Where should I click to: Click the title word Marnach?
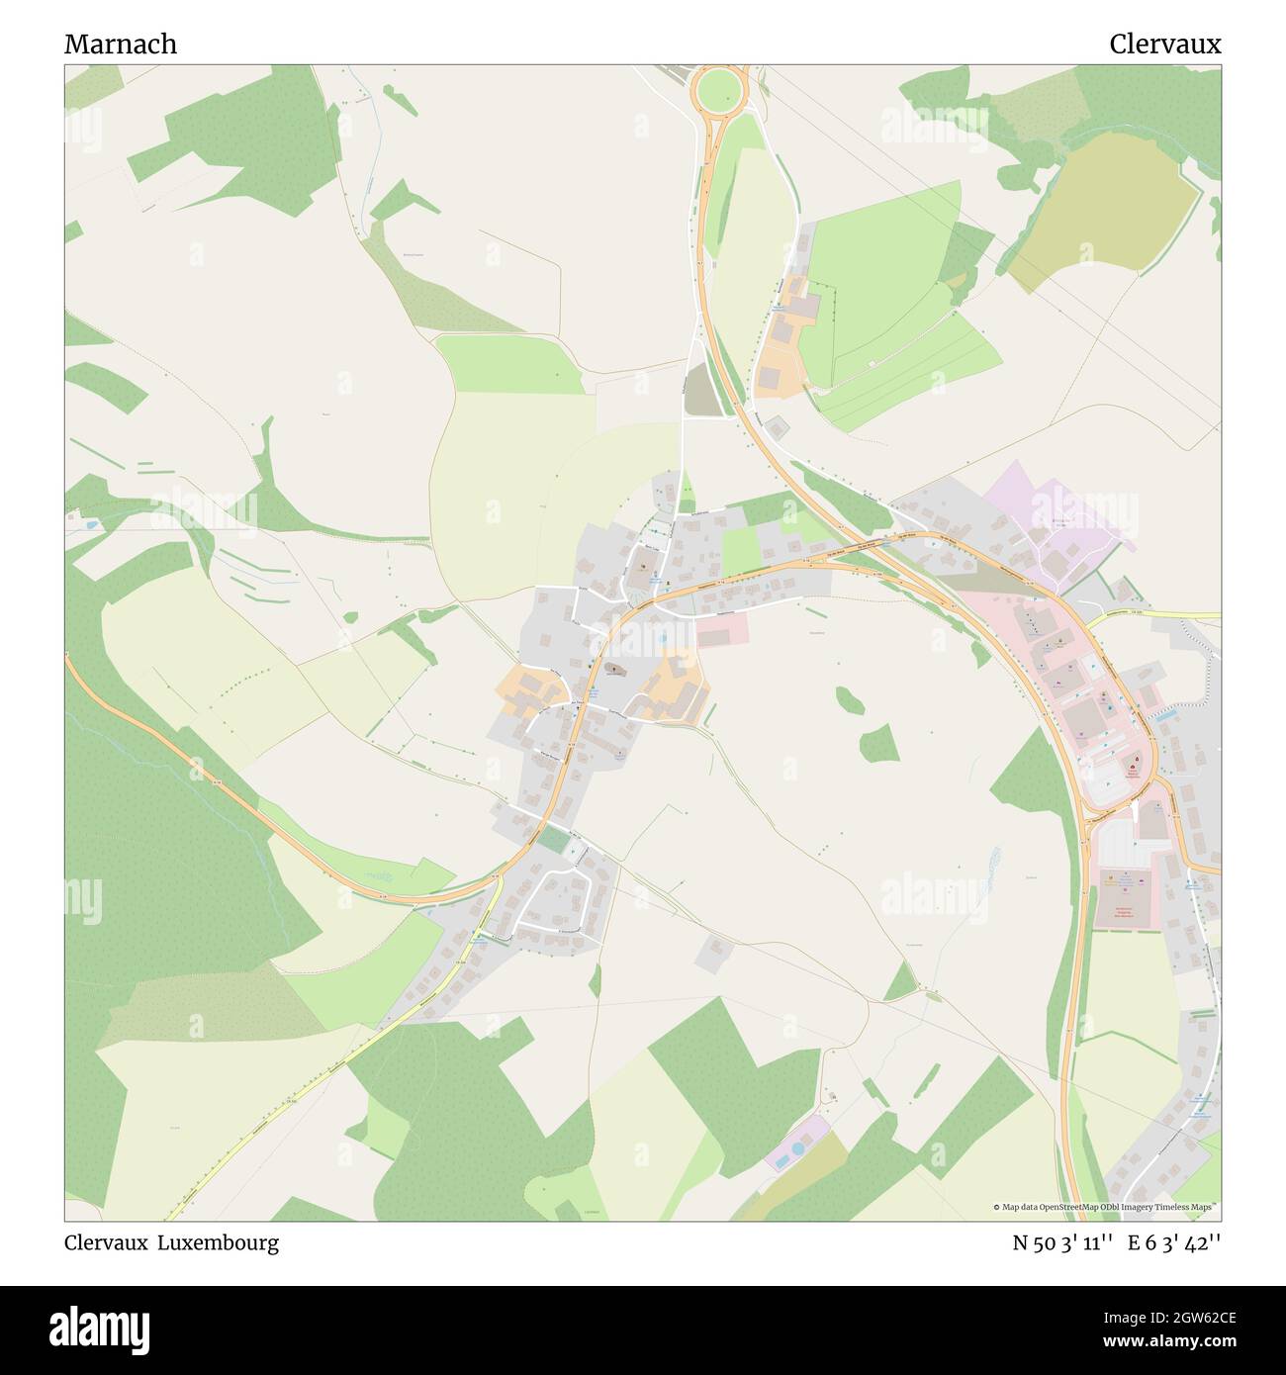point(121,45)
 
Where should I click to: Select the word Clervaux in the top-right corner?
point(1164,45)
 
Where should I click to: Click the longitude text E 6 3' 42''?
point(1177,1242)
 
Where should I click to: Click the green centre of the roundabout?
point(719,90)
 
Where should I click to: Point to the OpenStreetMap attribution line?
point(1105,1207)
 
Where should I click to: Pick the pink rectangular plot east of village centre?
point(723,629)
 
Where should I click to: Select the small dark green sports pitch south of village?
point(553,840)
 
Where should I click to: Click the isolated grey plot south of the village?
point(714,951)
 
